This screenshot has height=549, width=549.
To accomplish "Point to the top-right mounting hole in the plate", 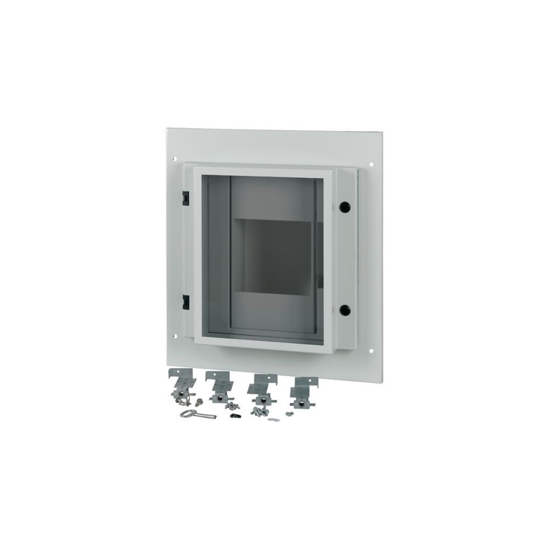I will (373, 163).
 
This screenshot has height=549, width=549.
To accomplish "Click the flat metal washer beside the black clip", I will (273, 420).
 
